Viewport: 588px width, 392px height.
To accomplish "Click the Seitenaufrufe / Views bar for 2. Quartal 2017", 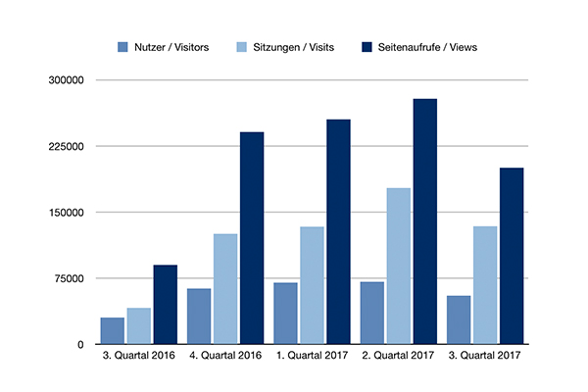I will point(424,221).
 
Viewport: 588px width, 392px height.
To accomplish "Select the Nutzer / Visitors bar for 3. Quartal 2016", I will point(113,331).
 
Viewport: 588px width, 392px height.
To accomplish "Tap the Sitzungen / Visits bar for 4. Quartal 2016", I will point(225,289).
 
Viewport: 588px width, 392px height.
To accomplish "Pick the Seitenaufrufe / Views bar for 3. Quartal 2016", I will point(165,305).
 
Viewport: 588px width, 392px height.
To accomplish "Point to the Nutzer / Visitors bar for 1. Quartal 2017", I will point(285,314).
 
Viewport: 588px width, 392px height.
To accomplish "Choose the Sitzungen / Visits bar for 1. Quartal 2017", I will point(312,285).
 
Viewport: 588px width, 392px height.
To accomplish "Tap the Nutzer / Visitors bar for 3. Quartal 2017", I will point(459,319).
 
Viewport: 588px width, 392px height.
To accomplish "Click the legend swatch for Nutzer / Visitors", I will point(122,47).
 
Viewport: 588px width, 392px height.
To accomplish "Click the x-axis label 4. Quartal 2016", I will point(225,357).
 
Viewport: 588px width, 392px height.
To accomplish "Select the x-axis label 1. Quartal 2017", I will point(312,357).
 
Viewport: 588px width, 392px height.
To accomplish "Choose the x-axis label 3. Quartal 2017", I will point(484,357).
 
